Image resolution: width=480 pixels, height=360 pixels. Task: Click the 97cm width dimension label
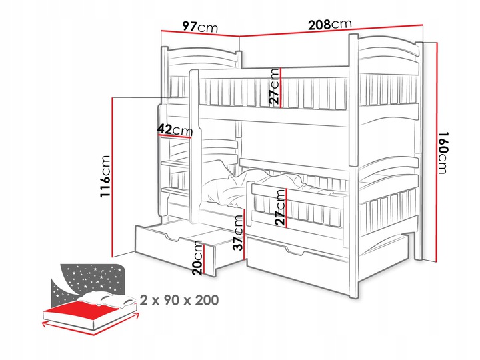(x=200, y=27)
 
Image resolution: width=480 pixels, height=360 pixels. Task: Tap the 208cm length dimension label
(x=330, y=24)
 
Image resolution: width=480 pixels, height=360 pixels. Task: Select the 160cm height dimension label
(x=443, y=153)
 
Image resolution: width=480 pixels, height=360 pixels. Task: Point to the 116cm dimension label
(x=105, y=176)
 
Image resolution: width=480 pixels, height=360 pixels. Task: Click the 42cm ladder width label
(x=176, y=130)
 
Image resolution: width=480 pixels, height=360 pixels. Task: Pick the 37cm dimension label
(x=238, y=233)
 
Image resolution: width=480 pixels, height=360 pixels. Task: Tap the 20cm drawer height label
(x=198, y=258)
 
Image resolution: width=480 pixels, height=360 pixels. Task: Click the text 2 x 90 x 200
(x=179, y=300)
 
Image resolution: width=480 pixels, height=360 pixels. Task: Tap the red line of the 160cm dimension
(x=437, y=152)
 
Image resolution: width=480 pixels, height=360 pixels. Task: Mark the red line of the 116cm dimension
(x=113, y=177)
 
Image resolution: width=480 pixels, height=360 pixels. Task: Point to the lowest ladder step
(x=175, y=191)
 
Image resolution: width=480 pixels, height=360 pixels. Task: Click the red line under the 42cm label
(x=175, y=136)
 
